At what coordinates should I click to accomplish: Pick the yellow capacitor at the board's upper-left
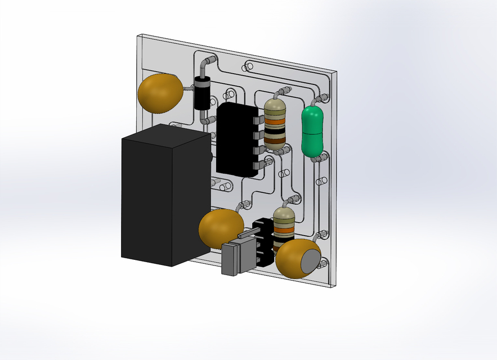point(160,93)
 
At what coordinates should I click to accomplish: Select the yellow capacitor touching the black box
point(221,228)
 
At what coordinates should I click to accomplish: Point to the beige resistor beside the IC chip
point(275,123)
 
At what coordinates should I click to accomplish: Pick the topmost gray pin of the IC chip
point(261,120)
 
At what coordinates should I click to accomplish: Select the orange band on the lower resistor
point(284,230)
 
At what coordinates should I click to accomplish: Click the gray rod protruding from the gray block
point(248,233)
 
